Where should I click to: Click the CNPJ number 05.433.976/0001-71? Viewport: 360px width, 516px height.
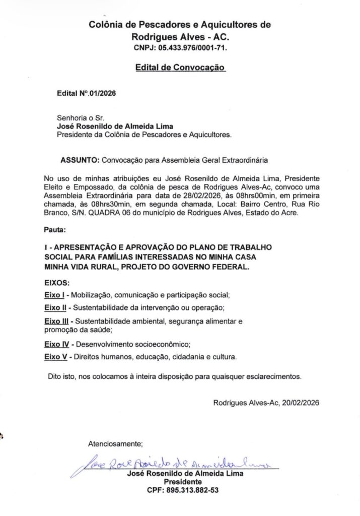point(193,49)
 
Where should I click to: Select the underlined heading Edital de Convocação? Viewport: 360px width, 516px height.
point(180,67)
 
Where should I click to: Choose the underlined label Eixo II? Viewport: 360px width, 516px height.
point(55,307)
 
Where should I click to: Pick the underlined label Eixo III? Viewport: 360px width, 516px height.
point(56,321)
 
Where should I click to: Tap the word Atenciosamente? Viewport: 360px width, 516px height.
point(115,444)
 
